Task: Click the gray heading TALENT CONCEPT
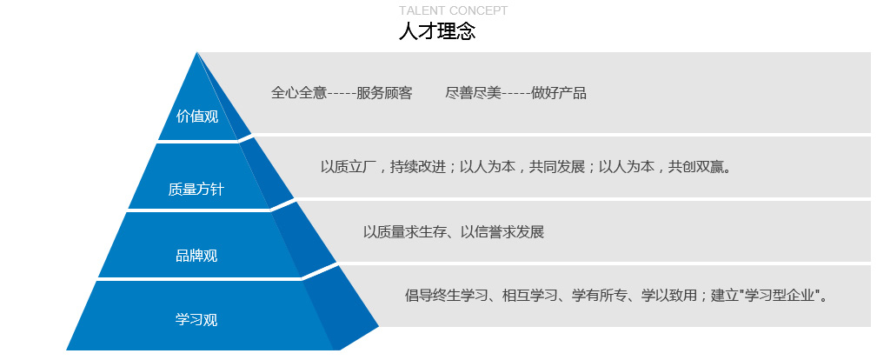pos(453,10)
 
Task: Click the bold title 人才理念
pos(437,30)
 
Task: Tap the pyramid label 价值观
pos(197,117)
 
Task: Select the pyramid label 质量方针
pos(196,190)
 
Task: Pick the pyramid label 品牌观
pos(196,256)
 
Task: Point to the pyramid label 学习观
pos(196,320)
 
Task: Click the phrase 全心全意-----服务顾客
pos(342,93)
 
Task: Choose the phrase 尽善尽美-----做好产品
pos(515,93)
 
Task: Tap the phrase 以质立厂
pos(348,167)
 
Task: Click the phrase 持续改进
pos(417,167)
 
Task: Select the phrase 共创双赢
pos(696,167)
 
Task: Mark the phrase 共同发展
pos(556,167)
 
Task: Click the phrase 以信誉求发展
pos(502,232)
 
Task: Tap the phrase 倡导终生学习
pos(447,295)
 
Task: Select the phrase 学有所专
pos(599,295)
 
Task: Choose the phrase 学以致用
pos(669,295)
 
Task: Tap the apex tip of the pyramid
pos(197,52)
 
